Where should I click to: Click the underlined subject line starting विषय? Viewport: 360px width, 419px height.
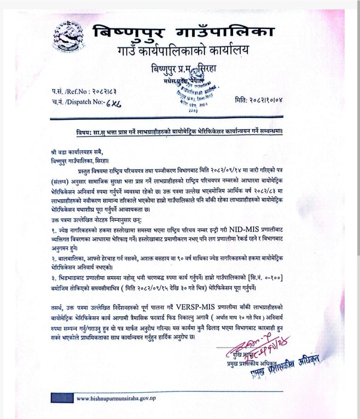tap(179, 132)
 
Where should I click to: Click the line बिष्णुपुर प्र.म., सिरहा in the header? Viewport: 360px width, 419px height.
tap(184, 70)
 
